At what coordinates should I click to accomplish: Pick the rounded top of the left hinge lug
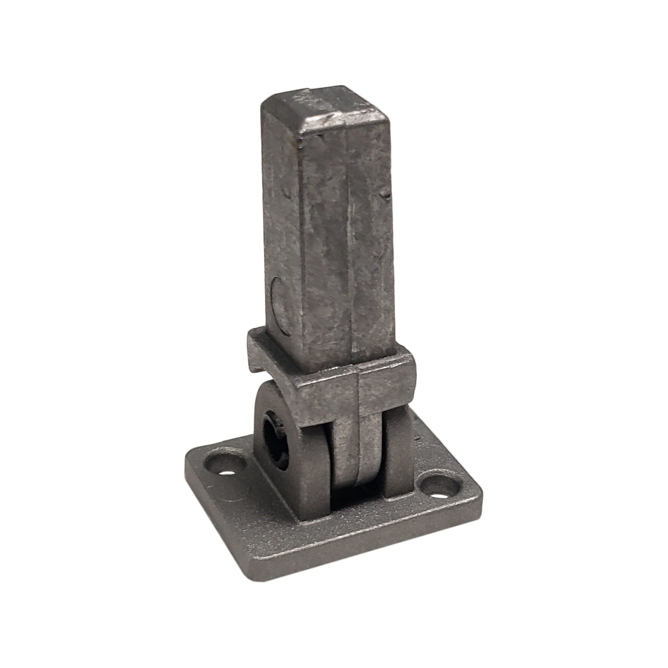click(x=273, y=391)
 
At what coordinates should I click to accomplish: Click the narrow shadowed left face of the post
click(x=280, y=225)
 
